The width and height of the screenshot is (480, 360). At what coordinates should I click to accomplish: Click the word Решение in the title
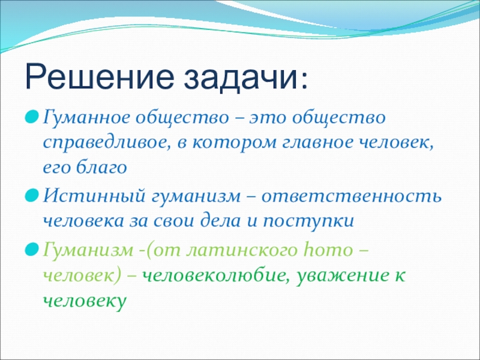tap(99, 77)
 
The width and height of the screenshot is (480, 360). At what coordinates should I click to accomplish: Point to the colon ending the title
tap(304, 81)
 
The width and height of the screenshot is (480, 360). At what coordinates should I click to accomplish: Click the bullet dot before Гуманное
tap(32, 117)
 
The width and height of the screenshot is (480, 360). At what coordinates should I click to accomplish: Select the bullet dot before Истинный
tap(32, 196)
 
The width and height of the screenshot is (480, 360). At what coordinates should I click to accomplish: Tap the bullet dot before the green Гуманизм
tap(32, 250)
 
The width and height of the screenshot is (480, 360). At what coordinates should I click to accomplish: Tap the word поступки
tap(308, 221)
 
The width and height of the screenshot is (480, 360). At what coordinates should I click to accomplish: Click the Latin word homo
tap(326, 250)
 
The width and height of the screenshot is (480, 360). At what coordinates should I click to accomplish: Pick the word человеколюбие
tap(215, 275)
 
